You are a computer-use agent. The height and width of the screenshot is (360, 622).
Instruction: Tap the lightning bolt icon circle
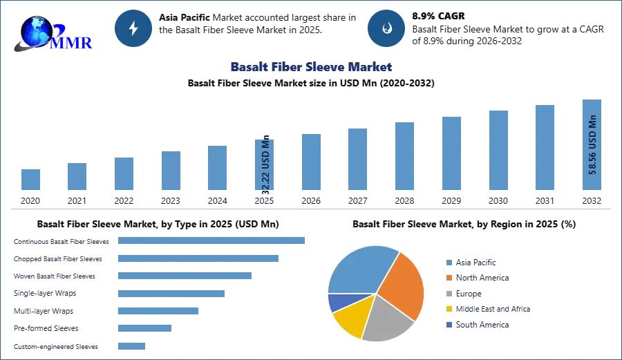(134, 28)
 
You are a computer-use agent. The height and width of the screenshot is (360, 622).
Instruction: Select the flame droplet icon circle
(386, 28)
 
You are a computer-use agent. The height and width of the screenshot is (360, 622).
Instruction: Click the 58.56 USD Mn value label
(592, 144)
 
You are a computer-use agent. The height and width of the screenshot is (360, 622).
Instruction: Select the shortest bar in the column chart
(30, 179)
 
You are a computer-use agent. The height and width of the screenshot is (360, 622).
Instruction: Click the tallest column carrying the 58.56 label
(592, 146)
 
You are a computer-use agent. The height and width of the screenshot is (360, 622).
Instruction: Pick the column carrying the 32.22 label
(265, 166)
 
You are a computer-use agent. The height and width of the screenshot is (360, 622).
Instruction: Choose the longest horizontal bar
(212, 240)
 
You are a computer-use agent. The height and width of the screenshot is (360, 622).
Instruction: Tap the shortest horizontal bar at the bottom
(132, 348)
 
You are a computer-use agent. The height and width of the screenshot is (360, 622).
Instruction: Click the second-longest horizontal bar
(198, 259)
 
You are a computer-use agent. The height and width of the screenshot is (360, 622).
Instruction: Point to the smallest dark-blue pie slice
(337, 302)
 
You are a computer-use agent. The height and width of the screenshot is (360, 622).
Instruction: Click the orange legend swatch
(449, 278)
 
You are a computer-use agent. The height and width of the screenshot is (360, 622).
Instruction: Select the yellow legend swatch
(449, 309)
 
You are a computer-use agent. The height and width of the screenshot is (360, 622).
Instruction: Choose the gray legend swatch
(449, 293)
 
